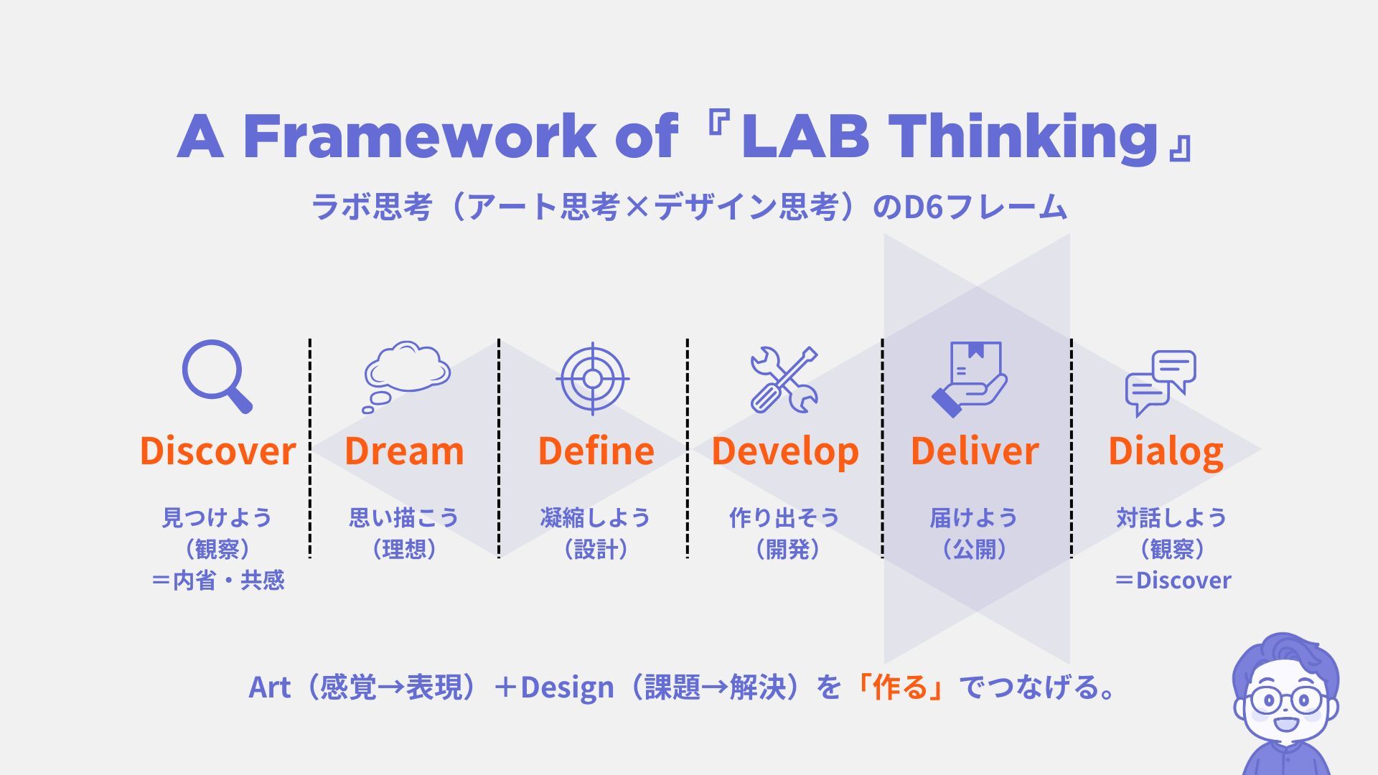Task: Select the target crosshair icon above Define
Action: [593, 378]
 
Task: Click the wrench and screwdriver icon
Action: [784, 380]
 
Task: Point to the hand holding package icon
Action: [969, 379]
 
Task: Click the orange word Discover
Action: [217, 451]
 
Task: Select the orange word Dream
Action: [404, 451]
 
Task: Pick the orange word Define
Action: [596, 451]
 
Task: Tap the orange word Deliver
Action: [975, 451]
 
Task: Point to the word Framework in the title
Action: [420, 136]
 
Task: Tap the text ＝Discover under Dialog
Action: [1173, 580]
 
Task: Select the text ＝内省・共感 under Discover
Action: [217, 580]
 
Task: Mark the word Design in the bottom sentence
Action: [567, 687]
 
